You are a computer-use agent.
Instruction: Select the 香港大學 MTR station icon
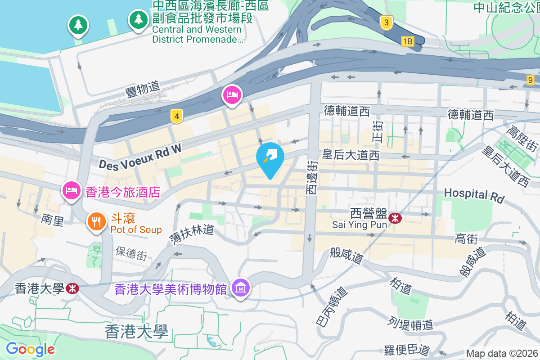tap(72, 288)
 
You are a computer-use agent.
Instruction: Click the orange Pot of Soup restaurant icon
tap(96, 221)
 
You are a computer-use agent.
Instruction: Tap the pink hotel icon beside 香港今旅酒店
tap(72, 190)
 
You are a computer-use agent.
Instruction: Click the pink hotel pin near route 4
tap(232, 94)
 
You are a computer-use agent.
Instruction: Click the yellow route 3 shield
tap(386, 22)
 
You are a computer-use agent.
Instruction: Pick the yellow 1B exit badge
tap(407, 42)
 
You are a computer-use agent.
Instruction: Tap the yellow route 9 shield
tap(531, 80)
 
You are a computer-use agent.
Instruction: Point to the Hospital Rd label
tap(474, 195)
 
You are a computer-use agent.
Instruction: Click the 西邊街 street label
tap(311, 178)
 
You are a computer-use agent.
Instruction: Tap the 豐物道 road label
tap(143, 88)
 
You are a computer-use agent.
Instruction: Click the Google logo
tap(30, 349)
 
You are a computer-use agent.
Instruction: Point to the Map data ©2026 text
tap(502, 354)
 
